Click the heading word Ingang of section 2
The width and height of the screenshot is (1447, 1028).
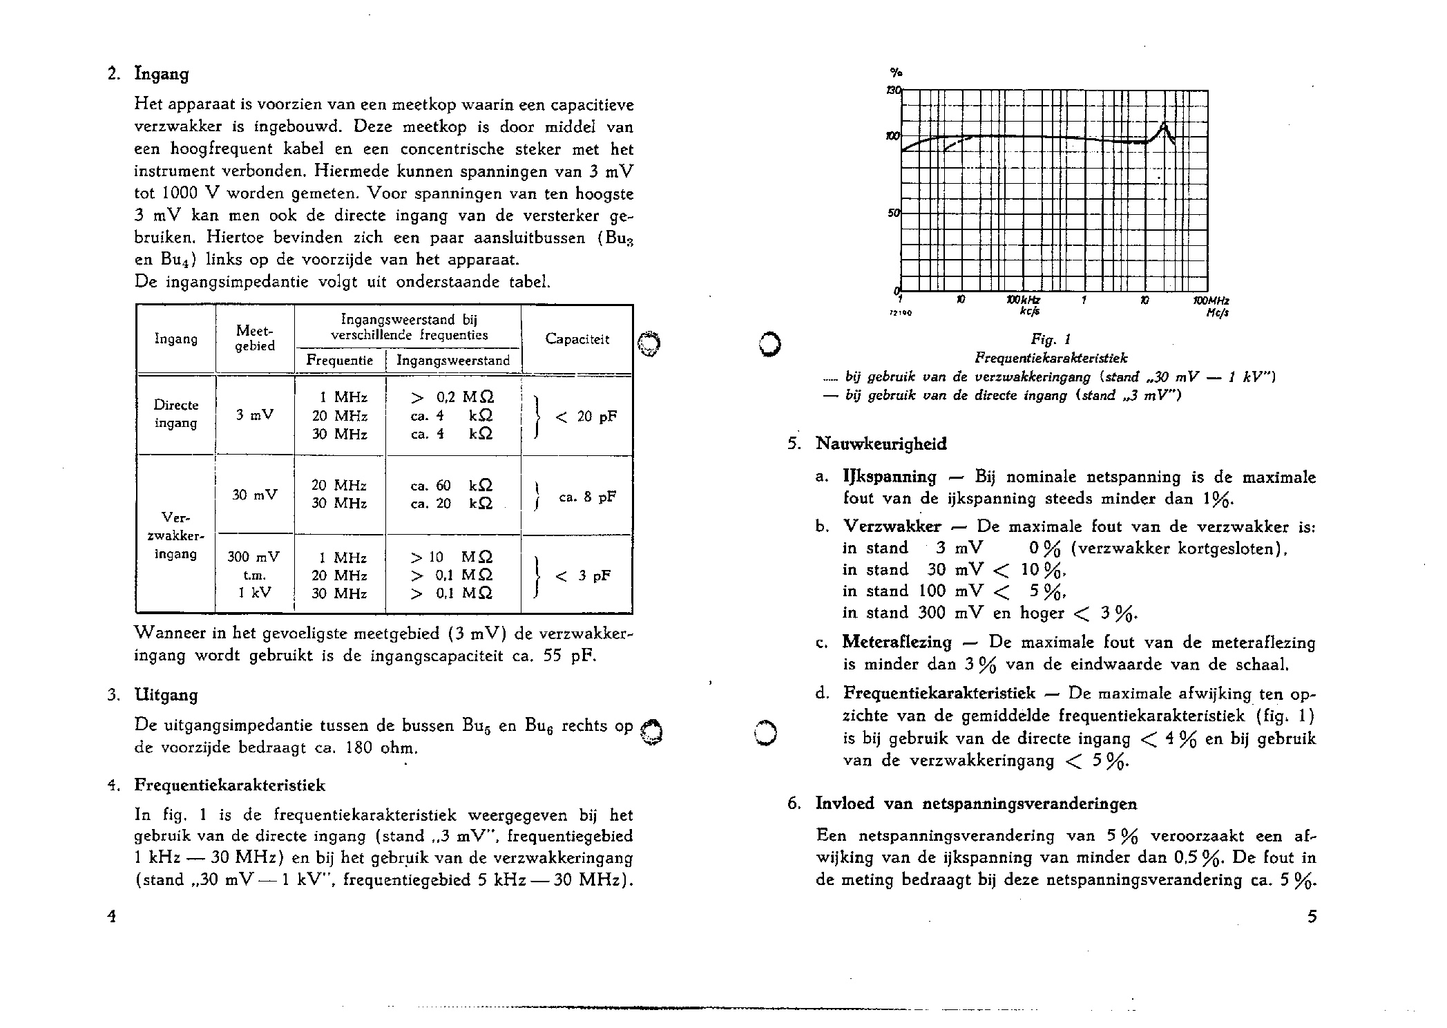point(161,74)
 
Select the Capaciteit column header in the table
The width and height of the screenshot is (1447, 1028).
point(577,339)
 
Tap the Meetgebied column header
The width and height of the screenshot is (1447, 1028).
point(254,339)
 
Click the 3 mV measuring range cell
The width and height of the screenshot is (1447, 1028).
point(254,416)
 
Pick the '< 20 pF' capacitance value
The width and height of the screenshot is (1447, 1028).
point(586,416)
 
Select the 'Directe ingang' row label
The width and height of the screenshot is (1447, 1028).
point(176,414)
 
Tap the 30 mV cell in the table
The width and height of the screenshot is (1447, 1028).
point(254,495)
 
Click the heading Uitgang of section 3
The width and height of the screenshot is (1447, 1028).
point(166,695)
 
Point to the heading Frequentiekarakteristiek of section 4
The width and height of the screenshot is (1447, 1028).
point(229,786)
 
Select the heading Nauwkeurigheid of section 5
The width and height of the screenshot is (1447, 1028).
point(881,444)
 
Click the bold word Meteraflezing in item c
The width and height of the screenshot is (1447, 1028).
point(897,642)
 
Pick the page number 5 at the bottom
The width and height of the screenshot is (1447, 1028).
point(1312,917)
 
